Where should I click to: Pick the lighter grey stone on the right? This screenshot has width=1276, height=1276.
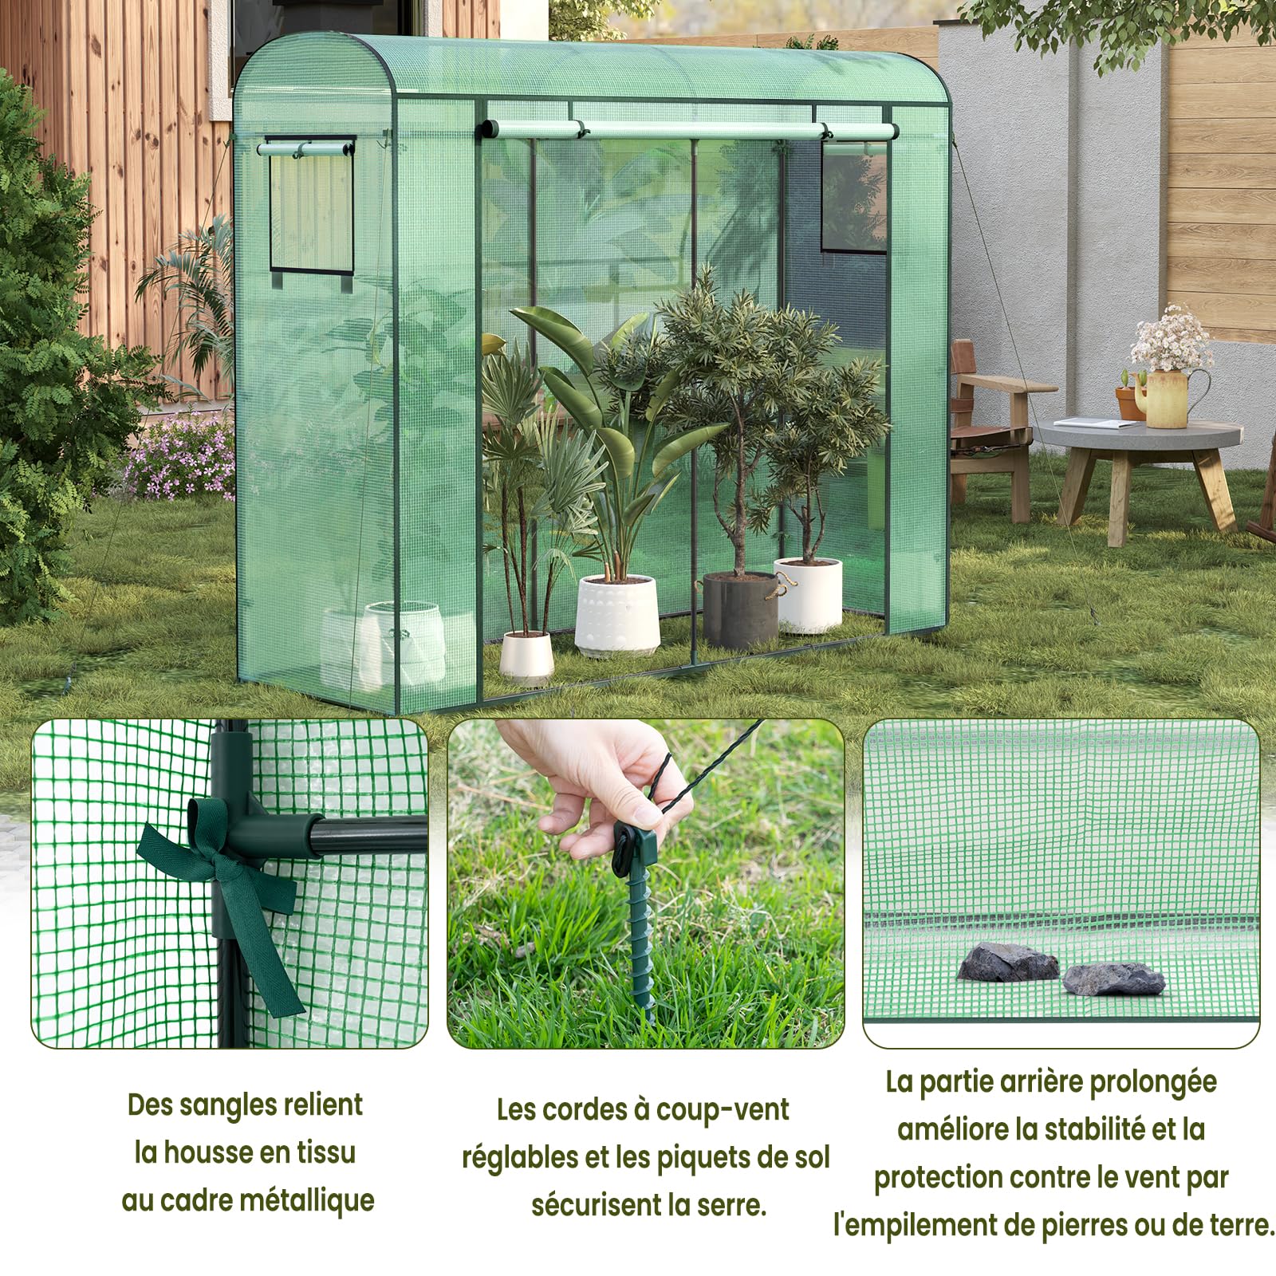(1113, 979)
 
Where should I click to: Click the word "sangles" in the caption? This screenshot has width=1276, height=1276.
(230, 1105)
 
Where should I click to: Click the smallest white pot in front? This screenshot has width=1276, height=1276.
(526, 656)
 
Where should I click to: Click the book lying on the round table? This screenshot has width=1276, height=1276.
(1095, 423)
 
